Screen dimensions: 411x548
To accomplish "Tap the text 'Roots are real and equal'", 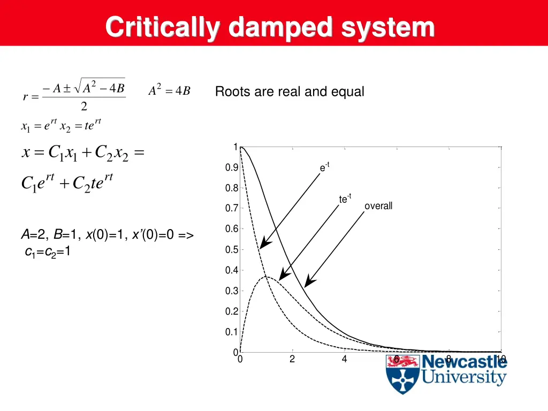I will (290, 92).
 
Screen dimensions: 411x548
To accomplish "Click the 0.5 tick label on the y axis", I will (232, 250).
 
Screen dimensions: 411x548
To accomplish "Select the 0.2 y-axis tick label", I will (232, 311).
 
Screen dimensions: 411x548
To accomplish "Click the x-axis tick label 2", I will (292, 359).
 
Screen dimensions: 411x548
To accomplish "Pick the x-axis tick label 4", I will (345, 359).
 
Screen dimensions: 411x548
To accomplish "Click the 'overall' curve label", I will (378, 206).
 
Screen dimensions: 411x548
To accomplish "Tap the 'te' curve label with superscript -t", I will (345, 199).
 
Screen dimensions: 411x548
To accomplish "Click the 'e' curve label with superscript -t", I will (324, 168).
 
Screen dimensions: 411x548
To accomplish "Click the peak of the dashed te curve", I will (266, 277).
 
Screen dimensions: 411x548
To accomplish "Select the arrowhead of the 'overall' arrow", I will (307, 284).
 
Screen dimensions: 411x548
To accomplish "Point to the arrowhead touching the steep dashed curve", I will (262, 246).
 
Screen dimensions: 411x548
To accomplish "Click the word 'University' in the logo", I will (463, 377).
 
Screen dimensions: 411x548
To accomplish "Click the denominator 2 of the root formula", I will (84, 106).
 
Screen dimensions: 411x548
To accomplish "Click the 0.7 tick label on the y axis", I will (232, 208).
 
